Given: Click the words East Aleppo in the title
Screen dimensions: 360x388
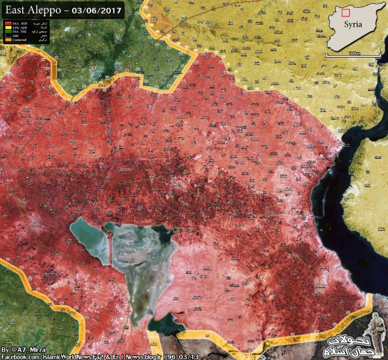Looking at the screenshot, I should (30, 10).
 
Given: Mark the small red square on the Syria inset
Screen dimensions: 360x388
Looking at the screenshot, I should (346, 12).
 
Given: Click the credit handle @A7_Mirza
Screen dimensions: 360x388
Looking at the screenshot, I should (27, 350).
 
